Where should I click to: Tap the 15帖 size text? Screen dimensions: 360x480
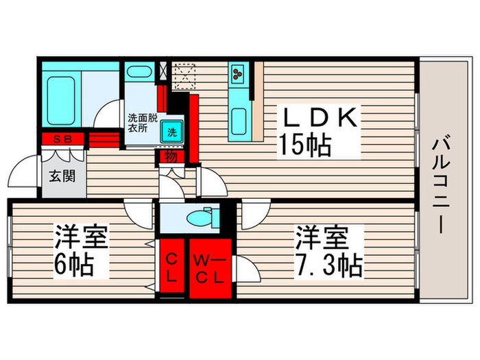[x=304, y=145]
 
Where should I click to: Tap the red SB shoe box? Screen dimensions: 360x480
[x=62, y=139]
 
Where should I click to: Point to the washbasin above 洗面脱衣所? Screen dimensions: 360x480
[x=140, y=73]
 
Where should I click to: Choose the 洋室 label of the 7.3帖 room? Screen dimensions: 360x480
[x=321, y=237]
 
